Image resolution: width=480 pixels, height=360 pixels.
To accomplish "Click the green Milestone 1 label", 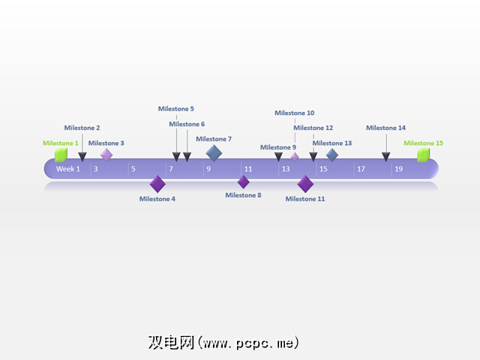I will [60, 143].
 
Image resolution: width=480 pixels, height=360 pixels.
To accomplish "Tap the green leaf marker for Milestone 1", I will [61, 155].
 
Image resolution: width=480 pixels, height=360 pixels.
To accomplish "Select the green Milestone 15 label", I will [424, 143].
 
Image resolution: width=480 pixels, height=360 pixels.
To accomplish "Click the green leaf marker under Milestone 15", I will [424, 155].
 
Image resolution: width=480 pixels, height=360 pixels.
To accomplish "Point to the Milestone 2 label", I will [82, 128].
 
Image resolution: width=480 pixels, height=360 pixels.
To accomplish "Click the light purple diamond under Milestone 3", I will [106, 155].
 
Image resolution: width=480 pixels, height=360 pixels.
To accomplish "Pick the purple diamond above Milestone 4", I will [157, 184].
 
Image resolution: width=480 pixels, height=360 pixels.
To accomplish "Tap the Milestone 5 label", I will [176, 109].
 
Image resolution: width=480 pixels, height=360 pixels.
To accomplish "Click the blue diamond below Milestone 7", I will [214, 153].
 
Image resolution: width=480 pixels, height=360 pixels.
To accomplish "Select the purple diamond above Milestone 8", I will [244, 182].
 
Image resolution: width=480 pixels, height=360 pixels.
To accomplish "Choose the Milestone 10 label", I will [295, 113].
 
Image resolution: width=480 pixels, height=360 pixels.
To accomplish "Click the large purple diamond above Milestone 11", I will [305, 184].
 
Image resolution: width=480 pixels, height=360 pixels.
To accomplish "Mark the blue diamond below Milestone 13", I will [331, 155].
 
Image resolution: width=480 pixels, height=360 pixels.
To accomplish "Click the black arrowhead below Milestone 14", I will [386, 156].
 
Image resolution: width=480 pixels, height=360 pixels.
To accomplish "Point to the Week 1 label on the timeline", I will [68, 169].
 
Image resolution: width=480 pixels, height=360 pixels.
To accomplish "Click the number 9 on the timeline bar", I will [208, 169].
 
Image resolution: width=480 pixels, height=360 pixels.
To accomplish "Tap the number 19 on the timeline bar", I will [398, 169].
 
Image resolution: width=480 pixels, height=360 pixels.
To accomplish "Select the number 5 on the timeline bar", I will [133, 169].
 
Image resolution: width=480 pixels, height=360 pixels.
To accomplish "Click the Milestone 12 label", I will [313, 128].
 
